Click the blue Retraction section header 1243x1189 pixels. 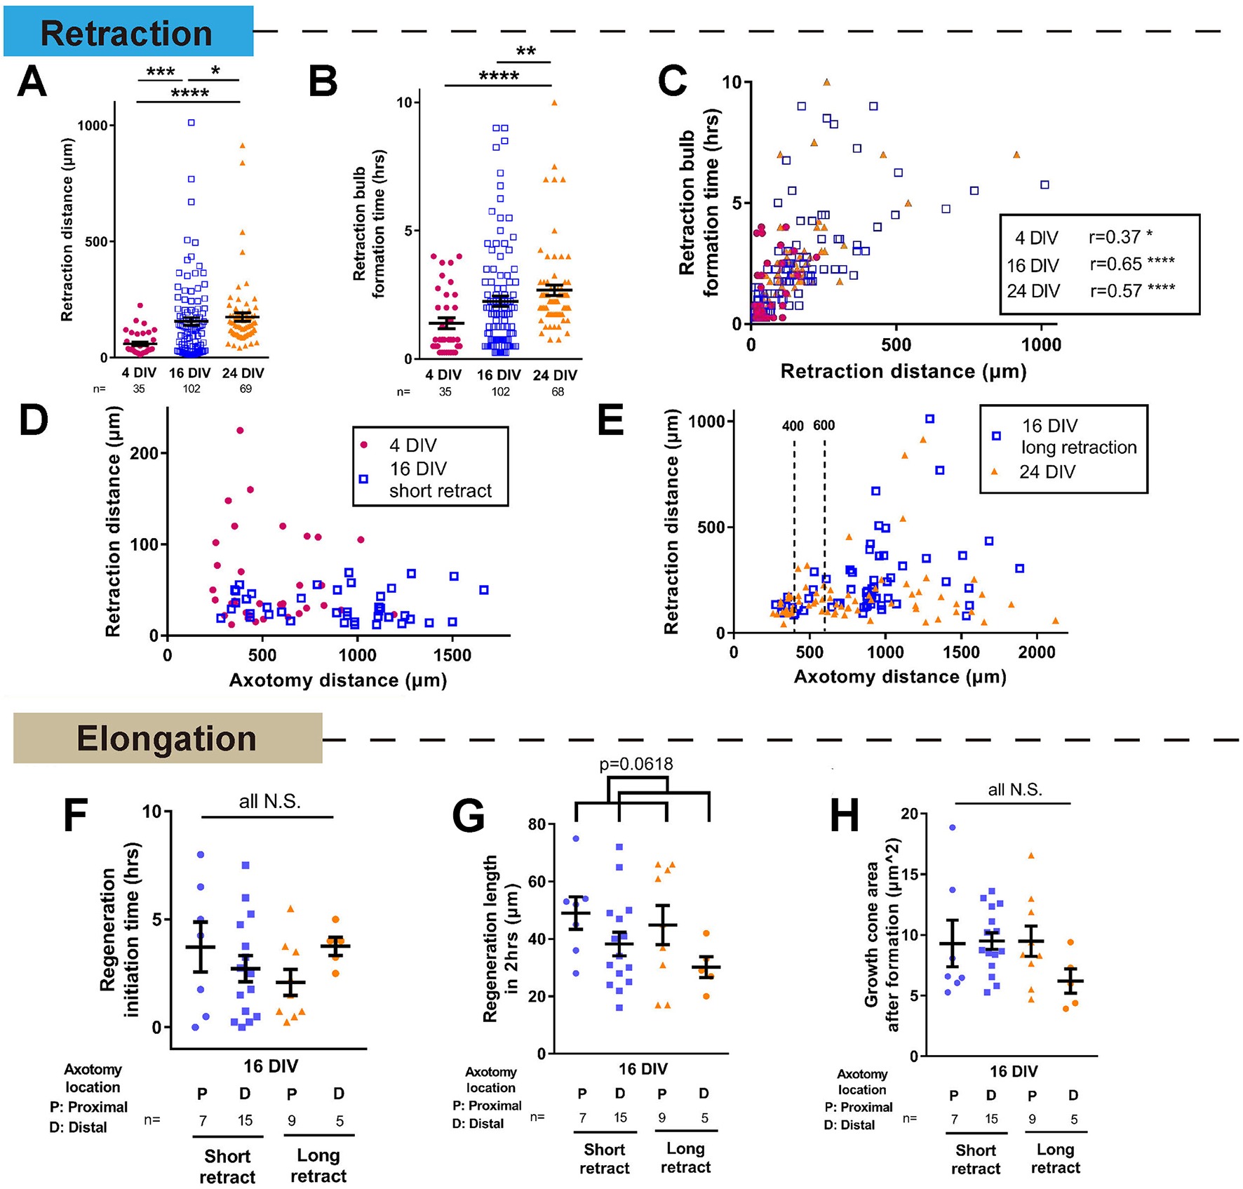click(128, 32)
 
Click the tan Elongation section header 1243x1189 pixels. click(167, 739)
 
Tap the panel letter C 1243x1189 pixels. click(672, 81)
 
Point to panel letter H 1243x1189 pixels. click(845, 815)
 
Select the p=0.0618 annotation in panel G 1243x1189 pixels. click(636, 764)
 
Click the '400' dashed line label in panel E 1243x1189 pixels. click(793, 426)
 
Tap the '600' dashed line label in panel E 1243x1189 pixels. click(824, 426)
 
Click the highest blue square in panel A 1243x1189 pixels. click(191, 123)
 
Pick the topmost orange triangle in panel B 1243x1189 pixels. click(554, 102)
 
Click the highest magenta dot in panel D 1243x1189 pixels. click(240, 431)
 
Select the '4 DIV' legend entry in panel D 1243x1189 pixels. click(412, 445)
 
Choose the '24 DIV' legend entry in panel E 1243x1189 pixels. click(1047, 472)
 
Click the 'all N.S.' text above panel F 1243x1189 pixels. click(270, 802)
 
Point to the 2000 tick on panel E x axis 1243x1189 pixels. click(1037, 652)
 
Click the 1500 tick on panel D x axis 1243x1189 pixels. click(452, 655)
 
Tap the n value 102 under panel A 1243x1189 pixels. click(192, 389)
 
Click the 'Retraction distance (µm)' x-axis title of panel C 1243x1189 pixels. click(903, 371)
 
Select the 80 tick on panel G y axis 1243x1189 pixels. click(537, 824)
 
